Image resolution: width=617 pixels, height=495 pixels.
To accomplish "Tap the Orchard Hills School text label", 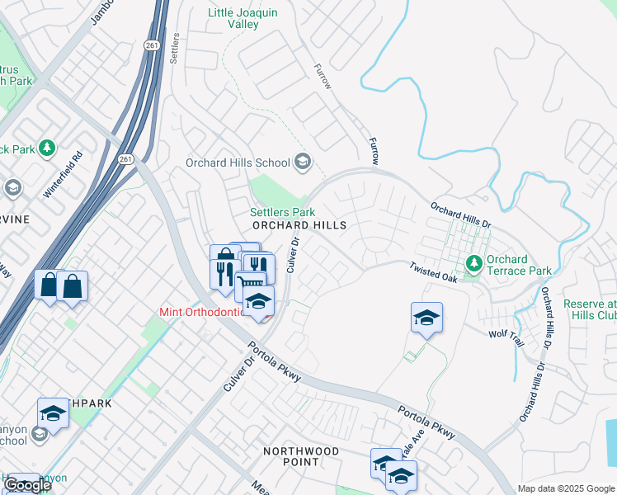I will (x=238, y=163).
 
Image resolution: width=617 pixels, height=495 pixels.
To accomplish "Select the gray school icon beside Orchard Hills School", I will (x=303, y=162).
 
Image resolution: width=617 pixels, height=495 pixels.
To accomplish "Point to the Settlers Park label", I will (x=283, y=212).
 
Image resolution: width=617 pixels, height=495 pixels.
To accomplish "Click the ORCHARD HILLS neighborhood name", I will (x=299, y=225).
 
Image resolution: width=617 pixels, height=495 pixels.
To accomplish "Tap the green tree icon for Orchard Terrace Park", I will (x=473, y=264).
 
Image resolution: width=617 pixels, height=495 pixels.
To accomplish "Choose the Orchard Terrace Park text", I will (x=518, y=265).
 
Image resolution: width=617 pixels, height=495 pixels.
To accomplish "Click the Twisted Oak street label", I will (x=434, y=273).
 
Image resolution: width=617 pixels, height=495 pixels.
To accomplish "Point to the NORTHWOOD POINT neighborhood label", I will (x=301, y=456).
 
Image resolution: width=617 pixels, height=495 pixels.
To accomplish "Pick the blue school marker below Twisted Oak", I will (x=426, y=318).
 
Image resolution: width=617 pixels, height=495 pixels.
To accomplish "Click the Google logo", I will (x=27, y=485).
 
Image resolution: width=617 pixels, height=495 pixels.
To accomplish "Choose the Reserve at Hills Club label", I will (x=590, y=310).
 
